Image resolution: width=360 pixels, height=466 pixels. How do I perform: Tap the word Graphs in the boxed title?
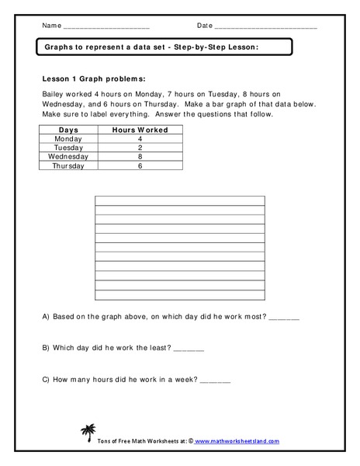pos(59,47)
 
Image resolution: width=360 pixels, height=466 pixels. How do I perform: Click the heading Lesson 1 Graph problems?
pos(91,78)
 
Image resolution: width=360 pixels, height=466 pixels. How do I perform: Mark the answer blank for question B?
pos(189,349)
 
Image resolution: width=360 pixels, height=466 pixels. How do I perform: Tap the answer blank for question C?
pos(216,381)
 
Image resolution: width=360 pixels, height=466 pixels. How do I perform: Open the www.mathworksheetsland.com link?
pos(237,441)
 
